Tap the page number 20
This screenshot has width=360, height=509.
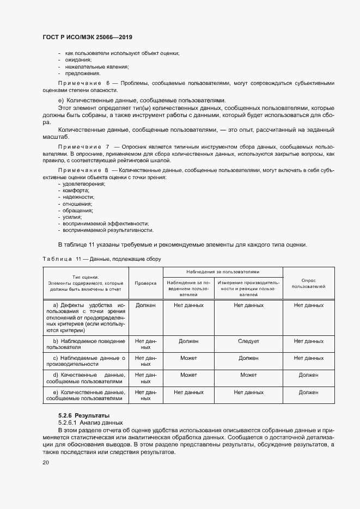[x=46, y=463]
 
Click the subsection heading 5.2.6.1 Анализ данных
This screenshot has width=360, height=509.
[x=90, y=422]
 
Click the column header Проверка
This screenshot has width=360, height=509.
[x=145, y=283]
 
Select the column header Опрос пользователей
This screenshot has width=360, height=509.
[x=308, y=283]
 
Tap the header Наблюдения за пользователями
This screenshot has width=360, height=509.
[x=222, y=271]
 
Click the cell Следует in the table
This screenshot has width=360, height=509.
[x=248, y=341]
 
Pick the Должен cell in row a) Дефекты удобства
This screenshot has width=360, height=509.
[x=145, y=305]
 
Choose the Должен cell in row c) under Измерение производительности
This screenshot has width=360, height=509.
[x=248, y=358]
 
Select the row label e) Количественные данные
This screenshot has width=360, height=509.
[x=86, y=395]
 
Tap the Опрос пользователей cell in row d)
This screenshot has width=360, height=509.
[x=308, y=375]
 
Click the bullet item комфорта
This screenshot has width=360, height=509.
[x=77, y=191]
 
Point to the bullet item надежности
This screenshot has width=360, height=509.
[x=79, y=197]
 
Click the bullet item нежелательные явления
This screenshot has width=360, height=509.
[x=97, y=66]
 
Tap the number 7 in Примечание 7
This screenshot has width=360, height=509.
[x=108, y=148]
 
